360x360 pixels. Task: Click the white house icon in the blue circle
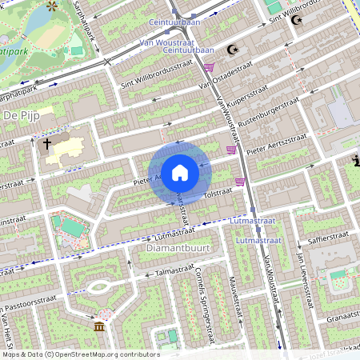pos(180,173)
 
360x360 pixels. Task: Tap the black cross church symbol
pos(47,145)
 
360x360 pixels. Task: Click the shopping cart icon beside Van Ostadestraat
pos(209,68)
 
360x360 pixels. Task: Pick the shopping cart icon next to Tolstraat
pos(239,182)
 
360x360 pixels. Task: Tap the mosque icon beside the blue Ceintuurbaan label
pos(234,50)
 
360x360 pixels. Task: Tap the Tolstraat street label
pos(218,194)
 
